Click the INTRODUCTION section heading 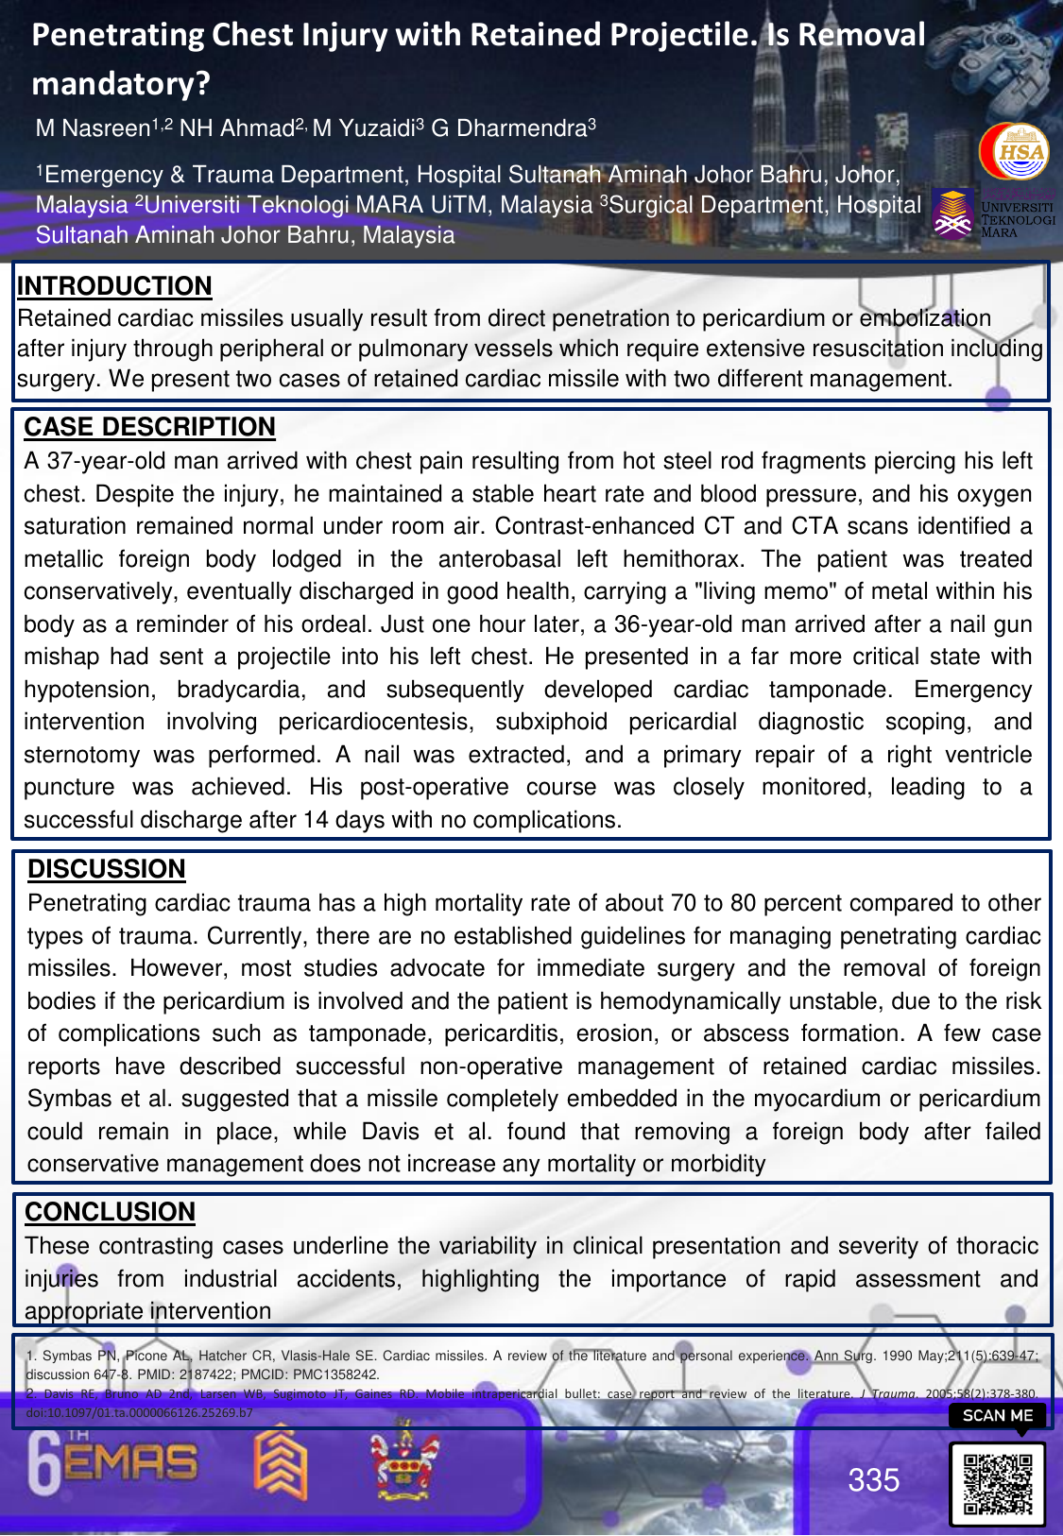click(114, 286)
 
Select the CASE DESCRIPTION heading click(149, 427)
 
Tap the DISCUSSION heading click(107, 869)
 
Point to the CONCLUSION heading click(110, 1212)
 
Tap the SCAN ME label click(997, 1415)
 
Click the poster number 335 click(873, 1480)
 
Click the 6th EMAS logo click(113, 1464)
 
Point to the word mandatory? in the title click(121, 84)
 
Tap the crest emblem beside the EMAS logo click(404, 1463)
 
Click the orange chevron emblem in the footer click(281, 1464)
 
